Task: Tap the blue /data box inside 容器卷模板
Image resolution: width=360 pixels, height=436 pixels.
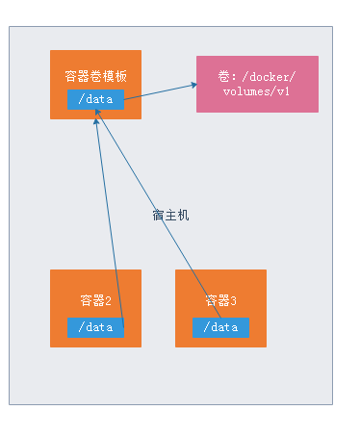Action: (95, 98)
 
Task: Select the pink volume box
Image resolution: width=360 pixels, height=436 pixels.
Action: (257, 84)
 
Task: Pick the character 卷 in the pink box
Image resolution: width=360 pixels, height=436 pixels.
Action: (223, 75)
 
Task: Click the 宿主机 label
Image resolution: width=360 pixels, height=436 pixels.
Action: (170, 215)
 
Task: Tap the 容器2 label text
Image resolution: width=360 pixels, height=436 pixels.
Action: (95, 299)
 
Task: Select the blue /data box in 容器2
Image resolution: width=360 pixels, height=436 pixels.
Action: (95, 327)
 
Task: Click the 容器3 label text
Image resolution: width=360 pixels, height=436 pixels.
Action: (220, 300)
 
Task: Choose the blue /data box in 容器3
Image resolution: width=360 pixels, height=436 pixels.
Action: (220, 327)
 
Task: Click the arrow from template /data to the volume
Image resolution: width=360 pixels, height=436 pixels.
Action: (159, 90)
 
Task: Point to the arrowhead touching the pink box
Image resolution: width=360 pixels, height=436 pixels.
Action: (193, 84)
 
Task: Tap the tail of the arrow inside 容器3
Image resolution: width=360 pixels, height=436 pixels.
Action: (220, 317)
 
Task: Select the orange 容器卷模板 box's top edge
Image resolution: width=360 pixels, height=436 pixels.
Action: (95, 51)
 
